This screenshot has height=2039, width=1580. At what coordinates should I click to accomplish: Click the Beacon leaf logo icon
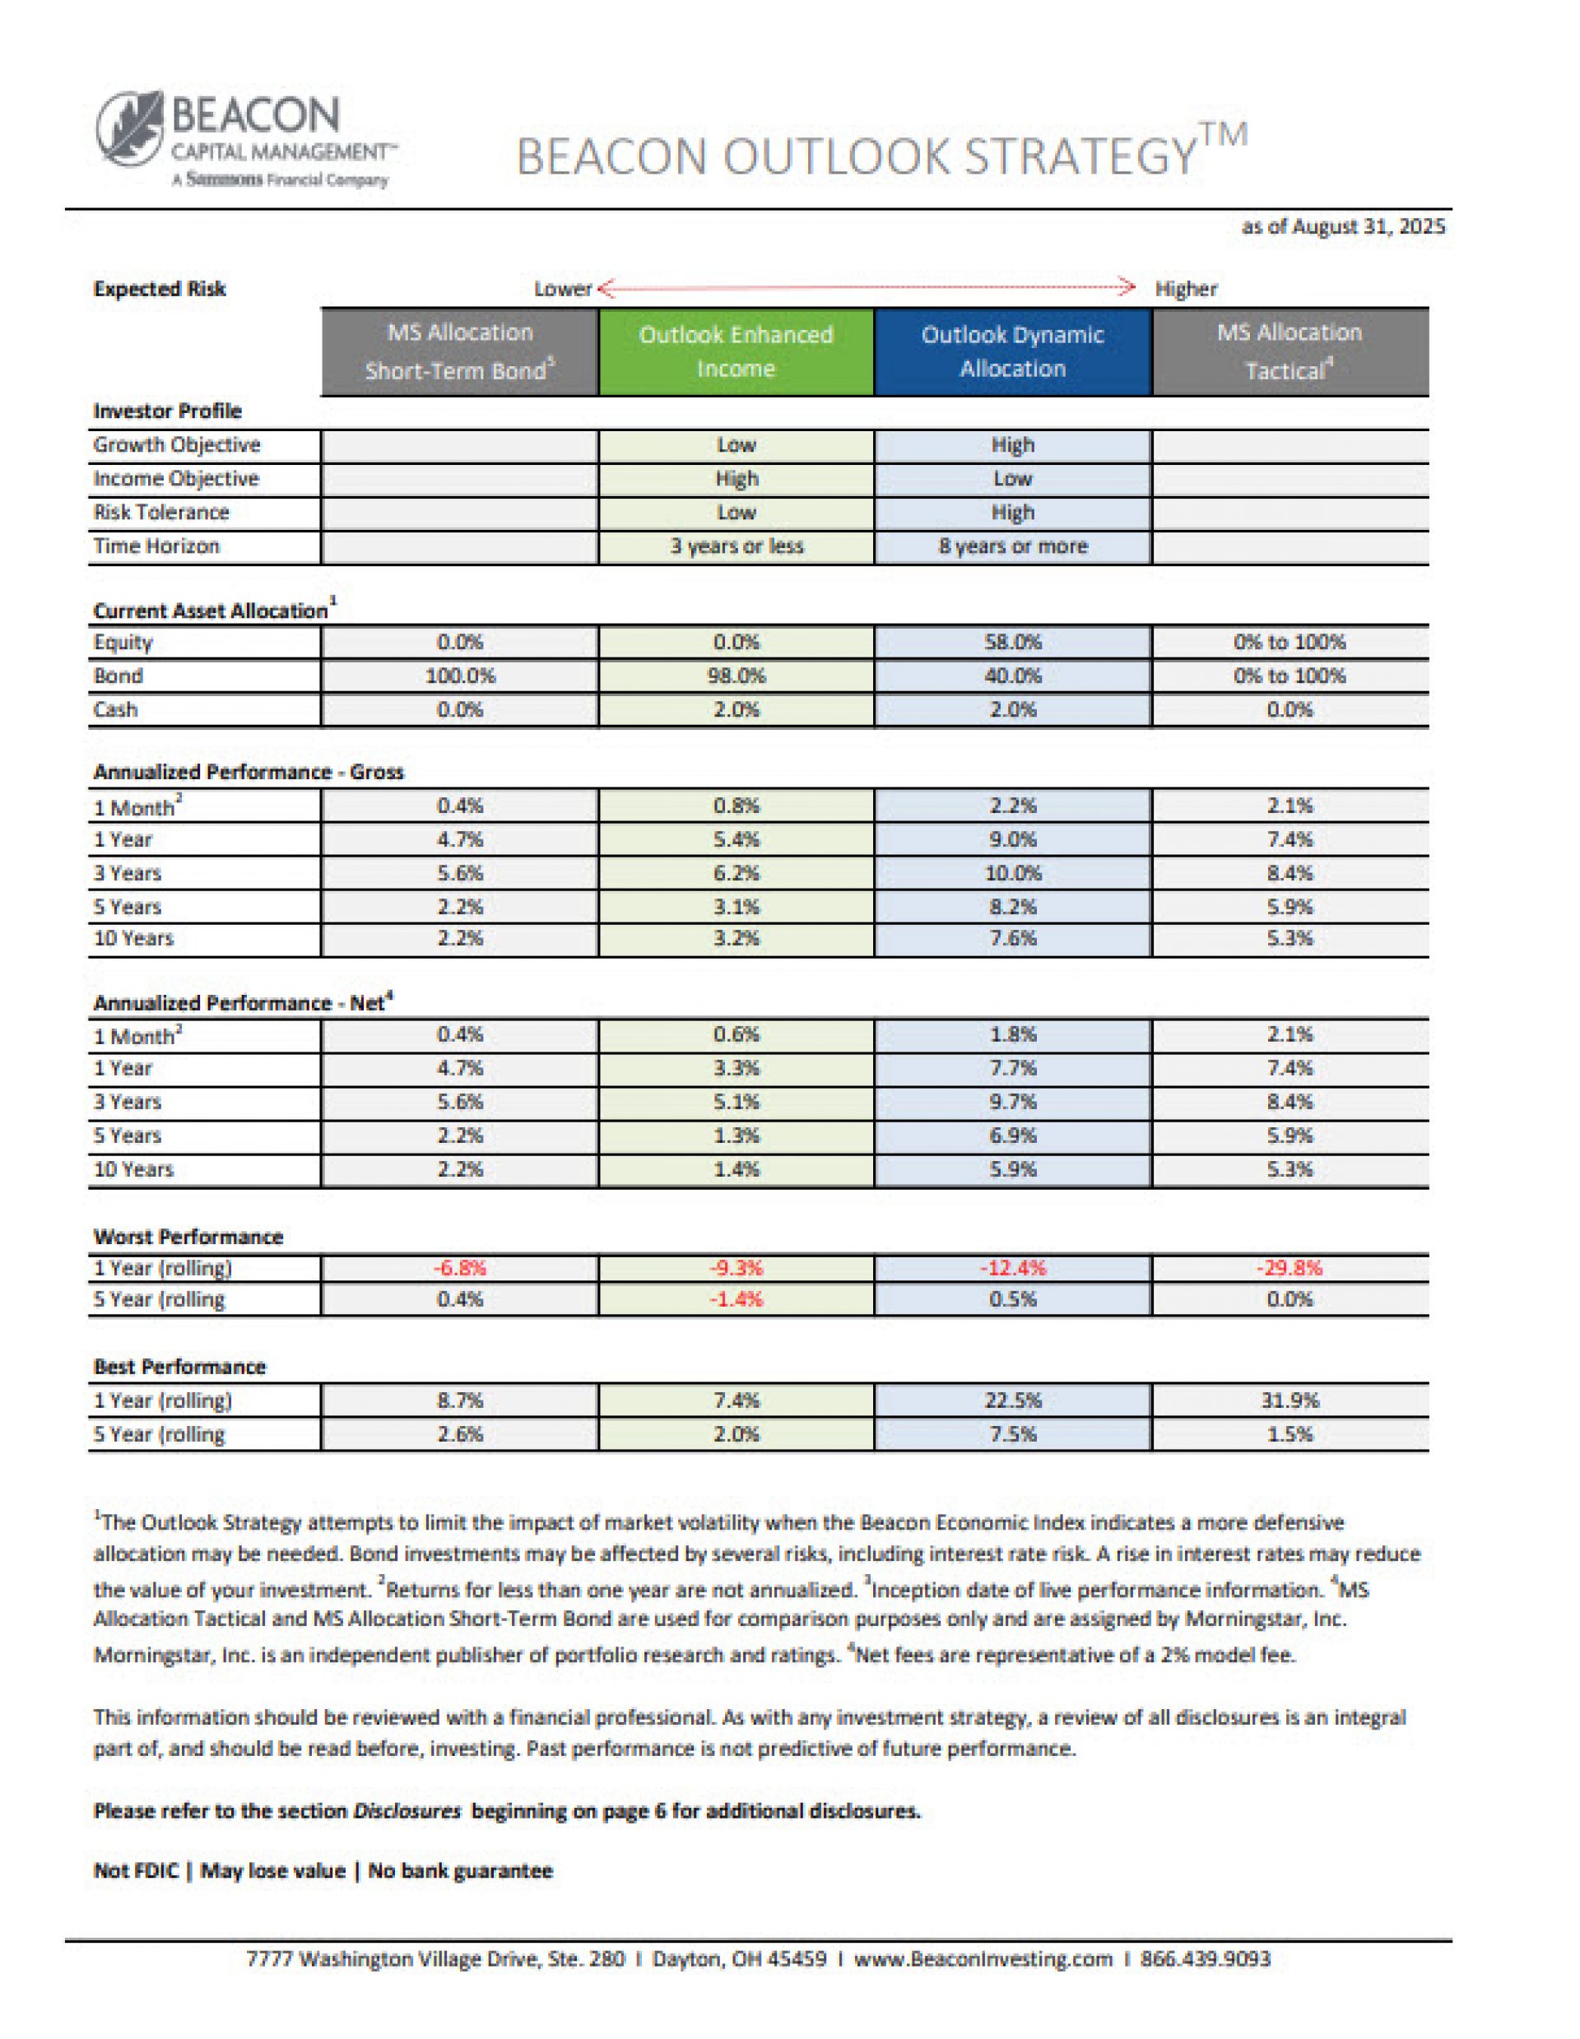point(132,129)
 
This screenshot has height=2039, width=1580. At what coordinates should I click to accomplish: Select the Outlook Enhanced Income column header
point(736,352)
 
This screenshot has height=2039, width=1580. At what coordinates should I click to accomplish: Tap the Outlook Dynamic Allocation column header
point(1012,352)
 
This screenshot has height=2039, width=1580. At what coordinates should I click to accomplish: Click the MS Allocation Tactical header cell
point(1289,352)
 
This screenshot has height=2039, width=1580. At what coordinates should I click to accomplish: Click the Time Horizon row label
point(156,547)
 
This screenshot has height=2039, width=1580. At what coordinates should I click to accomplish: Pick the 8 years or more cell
point(1012,547)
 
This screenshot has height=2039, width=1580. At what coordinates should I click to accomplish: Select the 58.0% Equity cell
point(1012,643)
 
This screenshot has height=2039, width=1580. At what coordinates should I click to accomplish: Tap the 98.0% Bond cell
point(736,676)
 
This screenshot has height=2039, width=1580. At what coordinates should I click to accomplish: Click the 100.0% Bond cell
point(459,676)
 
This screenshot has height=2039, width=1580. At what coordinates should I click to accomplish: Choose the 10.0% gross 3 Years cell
point(1012,874)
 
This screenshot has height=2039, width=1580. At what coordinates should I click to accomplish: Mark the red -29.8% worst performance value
point(1289,1268)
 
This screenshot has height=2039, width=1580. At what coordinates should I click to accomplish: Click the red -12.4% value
point(1012,1268)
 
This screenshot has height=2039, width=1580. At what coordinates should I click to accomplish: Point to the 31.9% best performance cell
point(1289,1400)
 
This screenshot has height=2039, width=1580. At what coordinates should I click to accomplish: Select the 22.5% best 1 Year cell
point(1012,1400)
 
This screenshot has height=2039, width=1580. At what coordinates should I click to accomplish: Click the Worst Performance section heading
point(188,1237)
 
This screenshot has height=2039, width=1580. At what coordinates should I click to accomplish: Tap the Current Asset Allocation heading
point(211,611)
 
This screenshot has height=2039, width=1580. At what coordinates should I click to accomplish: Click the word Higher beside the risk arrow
point(1186,290)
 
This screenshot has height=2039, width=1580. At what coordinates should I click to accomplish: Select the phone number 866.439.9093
point(1205,1958)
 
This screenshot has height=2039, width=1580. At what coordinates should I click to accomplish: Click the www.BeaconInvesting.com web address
point(983,1958)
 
